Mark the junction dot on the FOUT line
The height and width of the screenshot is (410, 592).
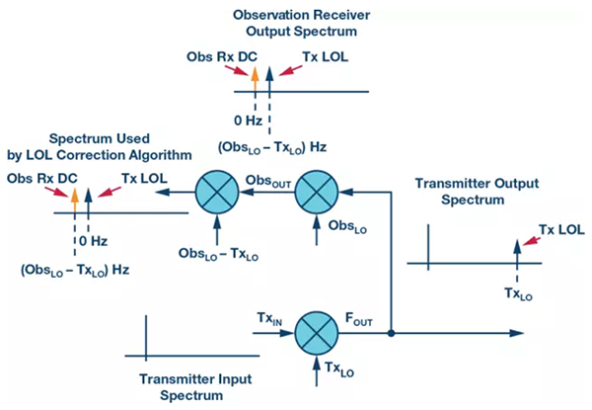(393, 333)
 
